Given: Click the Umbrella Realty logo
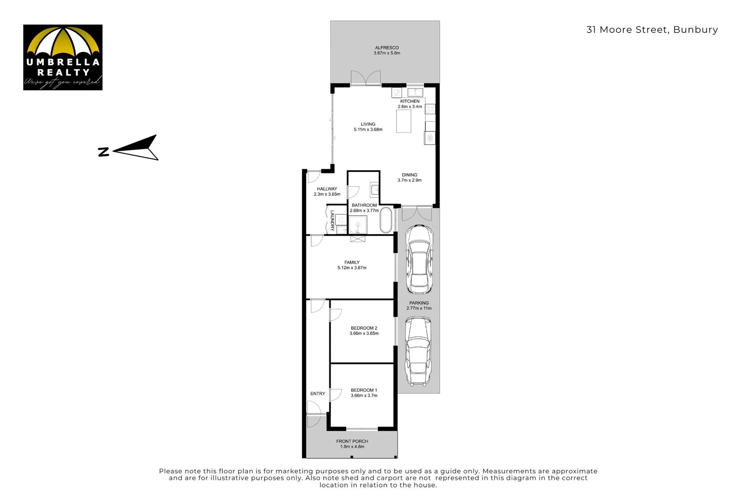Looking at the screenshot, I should coord(63,57).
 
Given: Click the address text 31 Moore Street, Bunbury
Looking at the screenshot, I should coord(652,30).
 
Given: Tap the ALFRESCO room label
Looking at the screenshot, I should coord(387,47).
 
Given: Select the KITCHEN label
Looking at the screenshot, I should coord(409,101).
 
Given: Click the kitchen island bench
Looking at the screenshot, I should coord(403,121).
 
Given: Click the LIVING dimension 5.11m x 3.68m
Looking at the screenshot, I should coord(367,130).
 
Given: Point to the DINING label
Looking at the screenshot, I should coord(409,175).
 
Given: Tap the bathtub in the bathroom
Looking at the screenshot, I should coord(386,220).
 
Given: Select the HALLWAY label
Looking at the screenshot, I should coord(327,189).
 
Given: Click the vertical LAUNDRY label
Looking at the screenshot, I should coord(332,221).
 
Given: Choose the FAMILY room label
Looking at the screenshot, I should coord(352,262).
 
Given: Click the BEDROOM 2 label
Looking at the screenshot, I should coord(364,328).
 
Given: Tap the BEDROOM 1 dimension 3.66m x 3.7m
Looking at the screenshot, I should coord(364,396).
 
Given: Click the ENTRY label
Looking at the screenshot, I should coord(318,393).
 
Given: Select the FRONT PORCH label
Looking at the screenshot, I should coord(352,441).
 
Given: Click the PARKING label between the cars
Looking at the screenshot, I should coord(419,303).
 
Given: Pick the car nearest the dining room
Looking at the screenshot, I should coord(419,259).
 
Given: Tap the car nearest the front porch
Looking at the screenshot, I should coord(418,351).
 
